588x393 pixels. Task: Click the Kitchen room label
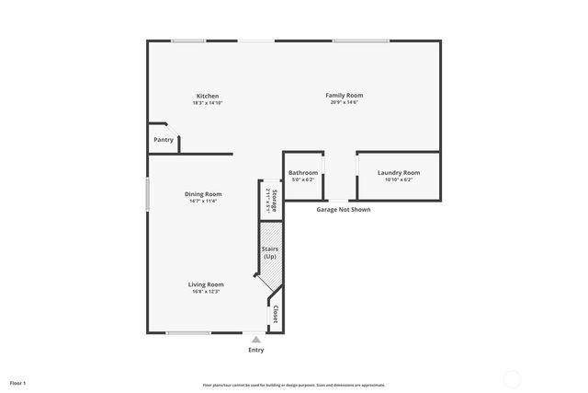[208, 96]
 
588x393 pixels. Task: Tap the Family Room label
[345, 95]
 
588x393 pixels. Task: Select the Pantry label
[164, 140]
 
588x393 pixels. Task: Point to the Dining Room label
[203, 193]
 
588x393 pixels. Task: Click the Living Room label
[206, 284]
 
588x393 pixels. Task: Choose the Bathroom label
[303, 173]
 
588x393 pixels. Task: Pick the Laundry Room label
[399, 173]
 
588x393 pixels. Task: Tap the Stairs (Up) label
[270, 252]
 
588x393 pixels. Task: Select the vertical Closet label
[276, 314]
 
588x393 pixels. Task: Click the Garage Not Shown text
[344, 210]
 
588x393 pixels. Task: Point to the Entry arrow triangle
[255, 340]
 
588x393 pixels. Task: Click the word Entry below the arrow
[255, 350]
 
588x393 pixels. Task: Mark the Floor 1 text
[18, 382]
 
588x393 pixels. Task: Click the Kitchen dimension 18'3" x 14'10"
[208, 103]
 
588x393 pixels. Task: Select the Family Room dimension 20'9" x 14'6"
[345, 102]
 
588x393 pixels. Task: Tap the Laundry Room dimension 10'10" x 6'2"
[399, 180]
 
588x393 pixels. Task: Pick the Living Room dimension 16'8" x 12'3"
[206, 292]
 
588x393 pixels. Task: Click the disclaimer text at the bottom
[293, 385]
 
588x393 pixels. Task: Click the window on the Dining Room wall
[148, 196]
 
